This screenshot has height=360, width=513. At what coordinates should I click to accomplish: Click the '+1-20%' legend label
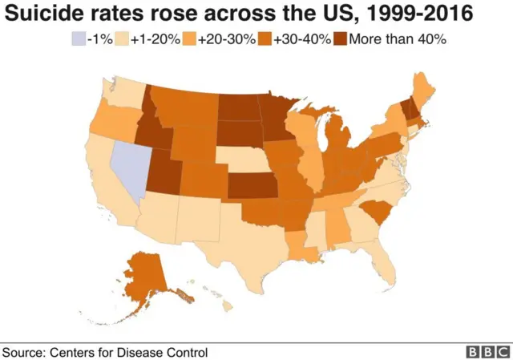[149, 38]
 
